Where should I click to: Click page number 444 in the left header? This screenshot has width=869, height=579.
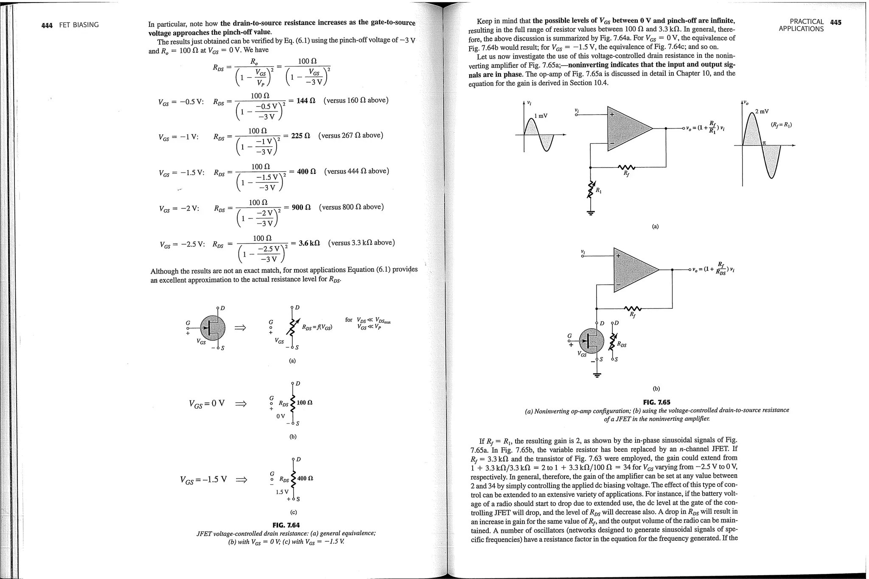tap(47, 25)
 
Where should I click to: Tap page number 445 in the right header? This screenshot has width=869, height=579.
tap(835, 22)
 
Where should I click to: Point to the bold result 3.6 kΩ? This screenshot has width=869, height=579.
tap(309, 243)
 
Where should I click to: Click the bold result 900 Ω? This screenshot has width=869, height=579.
tap(301, 207)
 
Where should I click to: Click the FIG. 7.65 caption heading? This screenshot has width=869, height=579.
tap(656, 402)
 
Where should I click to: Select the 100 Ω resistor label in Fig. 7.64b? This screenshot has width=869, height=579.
tap(305, 402)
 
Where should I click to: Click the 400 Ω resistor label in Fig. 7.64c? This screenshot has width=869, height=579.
tap(305, 478)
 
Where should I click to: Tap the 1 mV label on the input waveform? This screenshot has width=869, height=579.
tap(541, 116)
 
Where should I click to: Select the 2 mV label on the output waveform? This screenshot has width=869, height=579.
tap(762, 112)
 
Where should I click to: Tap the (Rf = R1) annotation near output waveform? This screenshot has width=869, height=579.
tap(781, 125)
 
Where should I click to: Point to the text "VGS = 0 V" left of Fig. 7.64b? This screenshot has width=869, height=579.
tap(207, 403)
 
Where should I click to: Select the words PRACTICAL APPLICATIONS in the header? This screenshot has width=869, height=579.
tap(802, 25)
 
